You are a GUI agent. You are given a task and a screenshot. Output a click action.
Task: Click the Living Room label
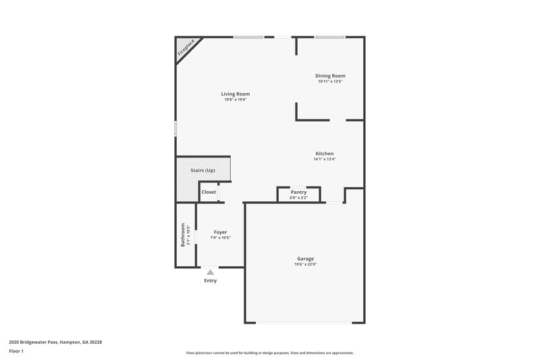(236, 94)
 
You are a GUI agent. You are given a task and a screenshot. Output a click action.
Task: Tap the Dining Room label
(330, 76)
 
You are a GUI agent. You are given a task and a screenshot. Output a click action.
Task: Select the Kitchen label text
(324, 153)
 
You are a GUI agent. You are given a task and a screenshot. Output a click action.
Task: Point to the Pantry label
(298, 192)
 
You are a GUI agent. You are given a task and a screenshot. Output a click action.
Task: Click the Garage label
(305, 259)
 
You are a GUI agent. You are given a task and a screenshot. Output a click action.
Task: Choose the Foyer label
(220, 232)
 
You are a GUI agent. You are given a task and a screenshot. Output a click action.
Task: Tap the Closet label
(209, 192)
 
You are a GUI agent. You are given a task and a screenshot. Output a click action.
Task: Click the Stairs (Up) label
(202, 170)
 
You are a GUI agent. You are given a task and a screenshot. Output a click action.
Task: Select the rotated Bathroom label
(182, 235)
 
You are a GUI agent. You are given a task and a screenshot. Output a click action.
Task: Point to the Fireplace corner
(186, 47)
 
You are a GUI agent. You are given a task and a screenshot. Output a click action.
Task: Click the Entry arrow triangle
(210, 272)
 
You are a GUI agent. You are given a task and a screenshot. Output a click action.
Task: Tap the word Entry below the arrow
(210, 280)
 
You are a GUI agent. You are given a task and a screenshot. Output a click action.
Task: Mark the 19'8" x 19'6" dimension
(236, 100)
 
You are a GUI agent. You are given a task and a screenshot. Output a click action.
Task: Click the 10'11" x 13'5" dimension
(330, 82)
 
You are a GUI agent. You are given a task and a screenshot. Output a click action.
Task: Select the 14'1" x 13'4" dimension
(324, 159)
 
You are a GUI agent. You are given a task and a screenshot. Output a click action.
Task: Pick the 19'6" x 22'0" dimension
(305, 265)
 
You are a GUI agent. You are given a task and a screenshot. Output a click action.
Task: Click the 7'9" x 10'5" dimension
(220, 238)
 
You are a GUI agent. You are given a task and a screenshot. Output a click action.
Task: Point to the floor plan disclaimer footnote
(269, 353)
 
